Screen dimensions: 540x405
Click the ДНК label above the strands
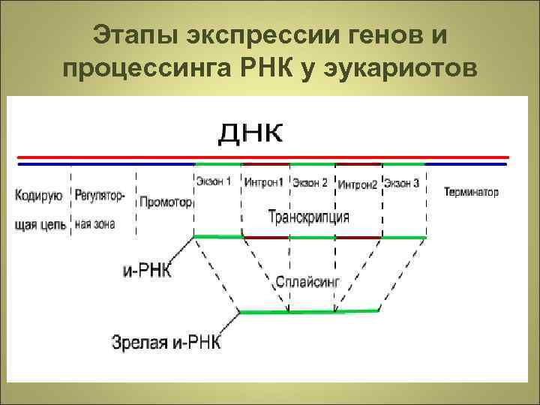coord(251,135)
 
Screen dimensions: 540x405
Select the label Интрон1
coord(264,182)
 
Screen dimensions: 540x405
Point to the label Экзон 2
coord(310,183)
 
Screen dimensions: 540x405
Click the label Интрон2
coord(357,184)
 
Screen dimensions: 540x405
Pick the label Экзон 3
coord(402,183)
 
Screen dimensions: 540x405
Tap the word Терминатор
coord(471,192)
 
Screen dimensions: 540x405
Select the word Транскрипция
coord(309,217)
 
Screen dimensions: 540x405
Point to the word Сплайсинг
coord(307,283)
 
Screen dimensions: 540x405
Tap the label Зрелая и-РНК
coord(166,343)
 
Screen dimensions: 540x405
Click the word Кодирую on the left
coord(38,196)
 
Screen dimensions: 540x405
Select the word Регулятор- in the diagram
coord(100,196)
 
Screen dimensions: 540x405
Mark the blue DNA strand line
coord(105,163)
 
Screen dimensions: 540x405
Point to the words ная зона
coord(95,224)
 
